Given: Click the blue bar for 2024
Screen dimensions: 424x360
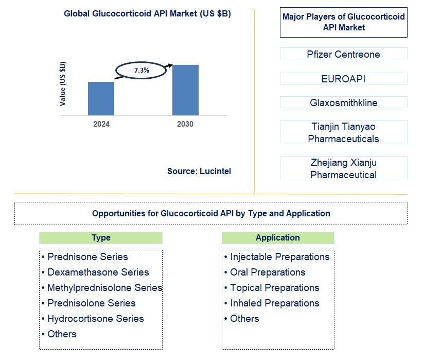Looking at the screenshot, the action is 101,98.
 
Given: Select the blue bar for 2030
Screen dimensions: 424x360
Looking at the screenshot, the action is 185,90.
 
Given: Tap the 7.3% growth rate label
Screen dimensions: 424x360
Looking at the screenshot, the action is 142,71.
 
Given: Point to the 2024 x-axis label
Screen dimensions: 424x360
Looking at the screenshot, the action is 101,124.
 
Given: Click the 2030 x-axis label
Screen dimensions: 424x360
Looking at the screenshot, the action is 185,124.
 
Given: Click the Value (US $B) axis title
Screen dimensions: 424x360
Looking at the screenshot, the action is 62,84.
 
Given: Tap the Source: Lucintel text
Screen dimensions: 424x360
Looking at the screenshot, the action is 199,171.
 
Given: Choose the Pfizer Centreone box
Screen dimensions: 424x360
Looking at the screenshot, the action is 344,54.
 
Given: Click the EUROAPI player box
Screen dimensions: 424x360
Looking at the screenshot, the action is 344,78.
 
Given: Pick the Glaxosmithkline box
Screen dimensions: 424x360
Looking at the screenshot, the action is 344,102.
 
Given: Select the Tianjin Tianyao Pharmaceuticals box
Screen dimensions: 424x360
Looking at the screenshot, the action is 344,132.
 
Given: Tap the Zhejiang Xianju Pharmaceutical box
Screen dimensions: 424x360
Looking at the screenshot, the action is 344,168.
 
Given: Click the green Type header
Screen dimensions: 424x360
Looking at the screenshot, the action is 101,237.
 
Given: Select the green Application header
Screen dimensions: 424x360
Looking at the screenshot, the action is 278,237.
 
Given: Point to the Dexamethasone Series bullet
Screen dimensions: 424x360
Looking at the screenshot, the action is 96,272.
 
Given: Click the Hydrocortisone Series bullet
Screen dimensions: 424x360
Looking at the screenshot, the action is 93,319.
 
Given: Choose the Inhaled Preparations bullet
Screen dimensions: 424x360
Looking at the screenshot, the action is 272,303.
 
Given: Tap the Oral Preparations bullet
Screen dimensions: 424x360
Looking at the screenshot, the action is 265,272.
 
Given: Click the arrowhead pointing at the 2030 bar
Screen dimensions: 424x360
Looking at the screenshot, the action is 170,65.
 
